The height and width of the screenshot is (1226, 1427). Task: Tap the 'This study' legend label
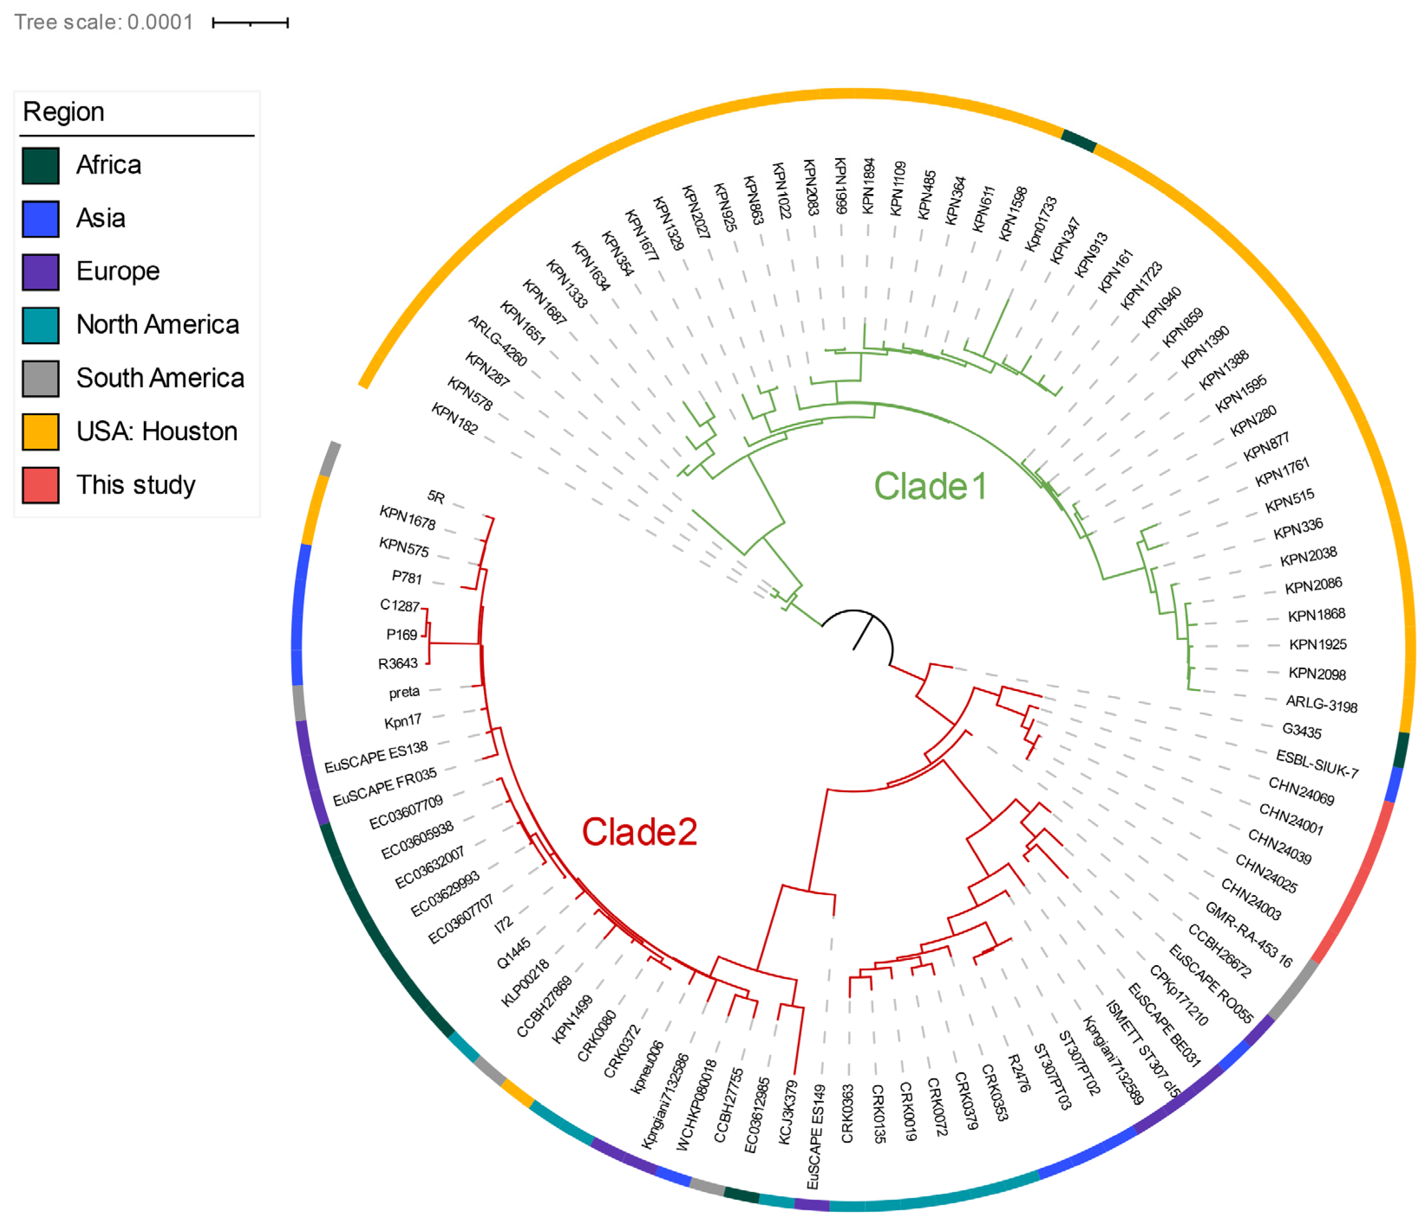pos(136,485)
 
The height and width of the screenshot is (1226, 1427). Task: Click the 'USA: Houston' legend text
pos(156,431)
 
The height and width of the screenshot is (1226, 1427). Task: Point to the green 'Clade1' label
pos(930,486)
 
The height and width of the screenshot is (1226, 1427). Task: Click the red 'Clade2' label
pos(639,832)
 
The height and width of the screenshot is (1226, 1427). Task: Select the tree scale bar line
pos(250,23)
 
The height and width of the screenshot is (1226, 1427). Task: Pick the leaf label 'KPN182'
pos(455,418)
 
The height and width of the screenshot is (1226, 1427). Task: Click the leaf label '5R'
pos(436,496)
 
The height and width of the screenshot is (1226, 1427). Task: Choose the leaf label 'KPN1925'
pos(1317,644)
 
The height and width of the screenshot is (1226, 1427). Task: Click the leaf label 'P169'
pos(401,634)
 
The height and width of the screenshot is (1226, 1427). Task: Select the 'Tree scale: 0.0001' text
pos(103,22)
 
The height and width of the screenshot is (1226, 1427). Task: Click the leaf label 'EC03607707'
pos(461,919)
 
